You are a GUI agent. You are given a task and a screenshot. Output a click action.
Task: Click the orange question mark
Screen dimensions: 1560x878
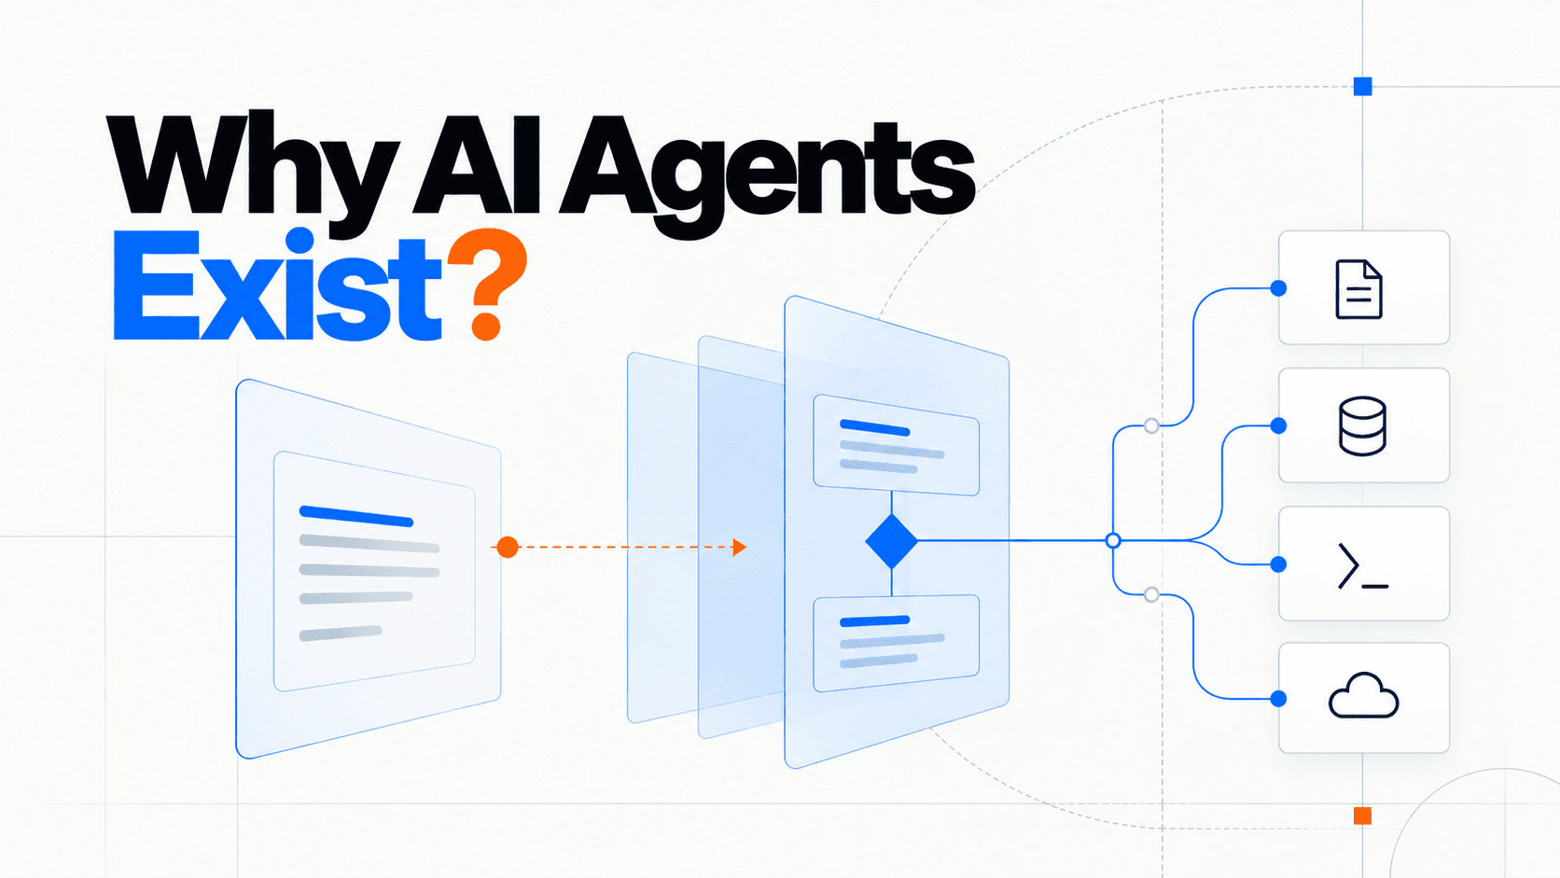click(x=487, y=284)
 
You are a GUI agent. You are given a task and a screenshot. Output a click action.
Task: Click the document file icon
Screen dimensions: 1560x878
click(x=1358, y=289)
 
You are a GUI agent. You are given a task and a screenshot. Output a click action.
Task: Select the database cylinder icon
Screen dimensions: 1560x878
click(x=1362, y=426)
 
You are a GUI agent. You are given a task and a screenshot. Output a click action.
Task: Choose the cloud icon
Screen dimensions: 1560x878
click(x=1363, y=695)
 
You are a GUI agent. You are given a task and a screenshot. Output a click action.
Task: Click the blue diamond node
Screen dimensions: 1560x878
click(x=891, y=541)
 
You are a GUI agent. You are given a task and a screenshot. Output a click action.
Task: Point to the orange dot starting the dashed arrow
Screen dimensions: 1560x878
click(x=508, y=548)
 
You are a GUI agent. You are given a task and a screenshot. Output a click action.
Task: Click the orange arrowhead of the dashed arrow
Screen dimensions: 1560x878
click(x=740, y=548)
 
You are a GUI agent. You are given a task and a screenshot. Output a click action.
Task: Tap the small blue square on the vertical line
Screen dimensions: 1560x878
click(x=1362, y=87)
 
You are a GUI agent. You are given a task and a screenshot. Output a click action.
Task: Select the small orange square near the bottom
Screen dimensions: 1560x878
click(x=1362, y=815)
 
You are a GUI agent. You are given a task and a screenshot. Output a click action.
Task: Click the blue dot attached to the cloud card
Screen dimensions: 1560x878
click(x=1278, y=698)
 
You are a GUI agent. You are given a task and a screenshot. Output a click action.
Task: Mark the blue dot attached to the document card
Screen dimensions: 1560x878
click(x=1278, y=288)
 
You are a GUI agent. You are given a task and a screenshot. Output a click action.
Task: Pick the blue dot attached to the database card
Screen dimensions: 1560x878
click(x=1278, y=425)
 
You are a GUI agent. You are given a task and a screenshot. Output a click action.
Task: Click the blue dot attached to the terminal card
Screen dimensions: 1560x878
click(x=1278, y=564)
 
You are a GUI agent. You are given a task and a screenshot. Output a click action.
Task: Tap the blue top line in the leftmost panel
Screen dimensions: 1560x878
click(x=355, y=516)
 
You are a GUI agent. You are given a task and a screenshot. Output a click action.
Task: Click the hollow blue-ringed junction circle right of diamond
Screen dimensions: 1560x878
click(x=1113, y=541)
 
